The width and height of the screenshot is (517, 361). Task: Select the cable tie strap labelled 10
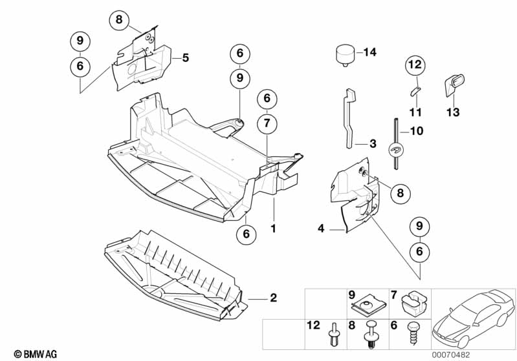point(395,142)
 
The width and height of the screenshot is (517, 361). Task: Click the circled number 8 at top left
point(118,20)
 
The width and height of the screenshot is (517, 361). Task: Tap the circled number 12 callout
point(414,65)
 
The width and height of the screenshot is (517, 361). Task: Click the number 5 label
point(185,58)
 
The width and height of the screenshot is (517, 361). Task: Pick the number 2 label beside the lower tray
point(273,298)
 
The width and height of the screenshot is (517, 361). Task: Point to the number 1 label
point(273,229)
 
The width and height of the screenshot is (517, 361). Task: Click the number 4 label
point(321,228)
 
